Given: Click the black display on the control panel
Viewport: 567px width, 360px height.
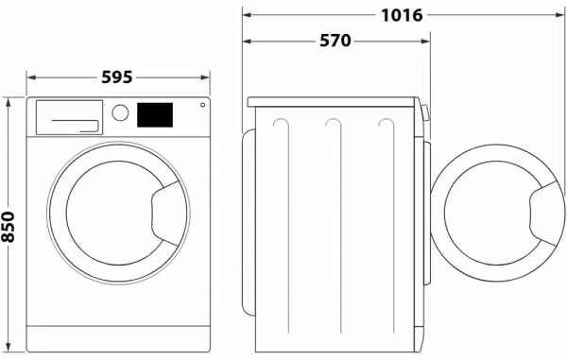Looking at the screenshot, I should coord(154,113).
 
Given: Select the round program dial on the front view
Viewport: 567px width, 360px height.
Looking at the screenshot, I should coord(120,112).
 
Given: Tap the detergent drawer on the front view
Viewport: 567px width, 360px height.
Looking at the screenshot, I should coord(69,117).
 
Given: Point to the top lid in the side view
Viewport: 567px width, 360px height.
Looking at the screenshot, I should coord(332,101).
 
